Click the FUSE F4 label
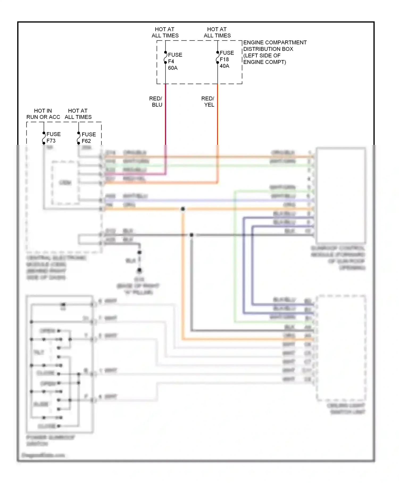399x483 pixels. click(x=175, y=58)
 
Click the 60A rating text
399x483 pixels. click(x=173, y=68)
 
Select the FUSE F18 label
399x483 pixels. click(x=226, y=56)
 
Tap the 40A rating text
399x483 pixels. click(x=224, y=66)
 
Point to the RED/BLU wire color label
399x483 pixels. click(x=156, y=101)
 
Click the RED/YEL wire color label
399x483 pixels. click(x=208, y=101)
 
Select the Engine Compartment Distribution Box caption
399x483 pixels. click(x=275, y=52)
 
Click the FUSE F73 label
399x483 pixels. click(x=53, y=137)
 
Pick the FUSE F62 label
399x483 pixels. click(x=88, y=138)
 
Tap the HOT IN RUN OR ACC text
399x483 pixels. click(x=43, y=114)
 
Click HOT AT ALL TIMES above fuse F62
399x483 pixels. click(x=78, y=114)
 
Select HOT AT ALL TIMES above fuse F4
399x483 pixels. click(x=165, y=32)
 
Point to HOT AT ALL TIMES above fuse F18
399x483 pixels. click(x=217, y=32)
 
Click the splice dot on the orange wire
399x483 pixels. click(x=183, y=209)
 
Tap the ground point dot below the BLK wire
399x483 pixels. click(x=139, y=271)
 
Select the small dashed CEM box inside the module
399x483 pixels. click(x=65, y=183)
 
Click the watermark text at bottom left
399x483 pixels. click(x=43, y=455)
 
